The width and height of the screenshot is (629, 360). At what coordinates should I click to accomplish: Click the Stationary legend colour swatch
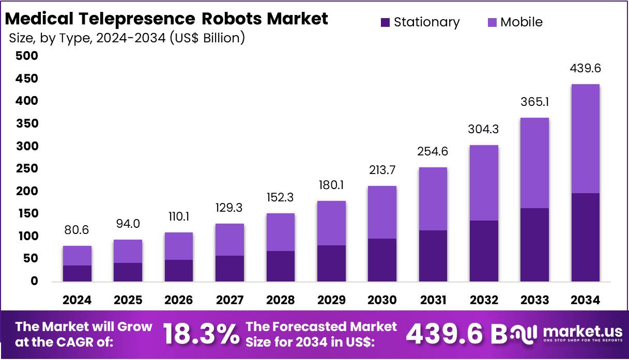coord(386,22)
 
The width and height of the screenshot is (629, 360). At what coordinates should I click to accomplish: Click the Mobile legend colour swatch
coord(492,22)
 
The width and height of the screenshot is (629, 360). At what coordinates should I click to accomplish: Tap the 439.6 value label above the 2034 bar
coord(585,69)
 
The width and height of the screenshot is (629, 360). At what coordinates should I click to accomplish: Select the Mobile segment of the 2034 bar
coord(585,138)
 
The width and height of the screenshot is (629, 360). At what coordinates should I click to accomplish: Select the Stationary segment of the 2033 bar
coord(534,245)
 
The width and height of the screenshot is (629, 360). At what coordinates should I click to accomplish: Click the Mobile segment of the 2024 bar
coord(78,256)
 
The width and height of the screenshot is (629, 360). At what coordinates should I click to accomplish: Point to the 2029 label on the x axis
coord(331,300)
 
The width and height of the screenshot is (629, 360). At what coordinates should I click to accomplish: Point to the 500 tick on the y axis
coord(27,56)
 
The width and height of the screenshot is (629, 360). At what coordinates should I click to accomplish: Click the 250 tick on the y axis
coord(27,168)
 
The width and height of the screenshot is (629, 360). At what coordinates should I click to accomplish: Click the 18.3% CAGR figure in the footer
coord(202,334)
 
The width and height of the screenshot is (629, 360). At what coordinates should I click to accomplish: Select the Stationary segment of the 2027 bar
coord(230,269)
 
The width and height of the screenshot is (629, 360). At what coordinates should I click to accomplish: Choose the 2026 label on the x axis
coord(179,300)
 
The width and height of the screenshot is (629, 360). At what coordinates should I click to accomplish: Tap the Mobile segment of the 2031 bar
coord(433,199)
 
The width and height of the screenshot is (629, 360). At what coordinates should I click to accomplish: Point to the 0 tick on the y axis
coord(34,281)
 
